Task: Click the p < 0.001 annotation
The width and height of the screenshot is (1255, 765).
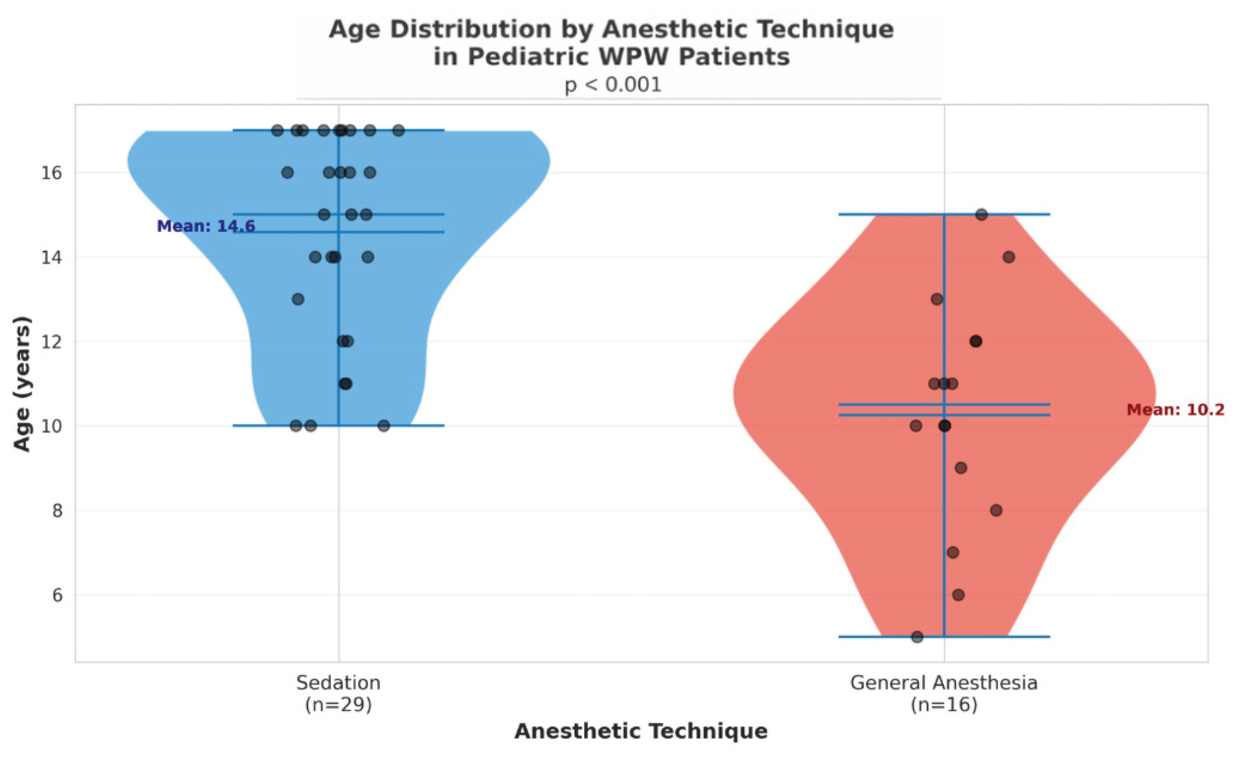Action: tap(613, 85)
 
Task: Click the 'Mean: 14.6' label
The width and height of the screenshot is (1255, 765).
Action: tap(206, 226)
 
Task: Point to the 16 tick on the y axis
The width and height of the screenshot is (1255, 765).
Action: tap(51, 173)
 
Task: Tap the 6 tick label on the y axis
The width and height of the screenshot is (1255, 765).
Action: tap(57, 595)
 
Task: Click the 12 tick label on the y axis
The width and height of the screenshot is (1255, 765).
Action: tap(51, 341)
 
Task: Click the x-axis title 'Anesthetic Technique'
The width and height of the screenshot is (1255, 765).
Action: tap(641, 731)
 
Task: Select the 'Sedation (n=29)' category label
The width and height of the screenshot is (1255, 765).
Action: tap(338, 694)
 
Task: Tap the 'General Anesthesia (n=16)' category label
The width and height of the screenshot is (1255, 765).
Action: tap(944, 694)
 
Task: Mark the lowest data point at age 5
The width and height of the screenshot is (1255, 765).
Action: tap(917, 637)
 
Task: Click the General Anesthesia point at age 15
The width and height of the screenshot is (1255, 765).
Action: tap(981, 215)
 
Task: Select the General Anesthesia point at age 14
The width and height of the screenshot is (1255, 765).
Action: tap(1008, 257)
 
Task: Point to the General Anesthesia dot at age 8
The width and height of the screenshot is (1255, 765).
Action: tap(996, 510)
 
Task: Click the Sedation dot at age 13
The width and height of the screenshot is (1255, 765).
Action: tap(298, 299)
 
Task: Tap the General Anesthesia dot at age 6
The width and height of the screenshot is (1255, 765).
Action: tap(958, 595)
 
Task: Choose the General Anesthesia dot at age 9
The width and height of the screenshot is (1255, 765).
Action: tap(960, 468)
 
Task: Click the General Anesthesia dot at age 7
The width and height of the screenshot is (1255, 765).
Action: tap(953, 552)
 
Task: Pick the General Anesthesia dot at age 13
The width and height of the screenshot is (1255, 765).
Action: tap(937, 299)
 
